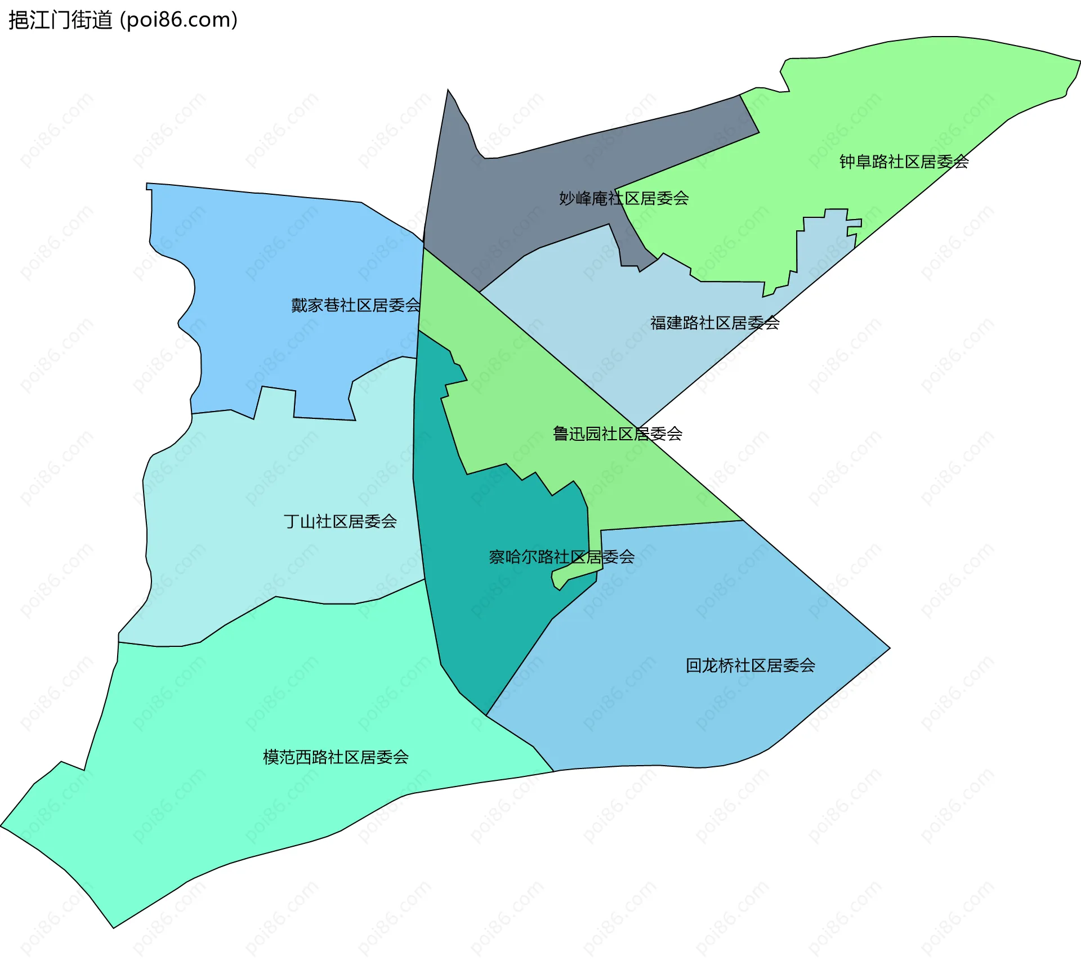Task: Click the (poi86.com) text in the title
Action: click(178, 20)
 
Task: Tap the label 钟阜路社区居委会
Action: click(904, 162)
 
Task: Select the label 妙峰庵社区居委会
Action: click(623, 198)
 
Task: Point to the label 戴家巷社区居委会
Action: click(355, 305)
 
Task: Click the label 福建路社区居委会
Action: click(714, 323)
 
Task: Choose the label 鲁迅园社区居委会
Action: click(617, 434)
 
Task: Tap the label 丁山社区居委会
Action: click(340, 521)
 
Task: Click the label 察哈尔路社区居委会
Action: click(561, 557)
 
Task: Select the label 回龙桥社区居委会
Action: click(750, 665)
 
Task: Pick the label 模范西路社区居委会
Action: click(336, 757)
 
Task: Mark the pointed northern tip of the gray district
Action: click(449, 92)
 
